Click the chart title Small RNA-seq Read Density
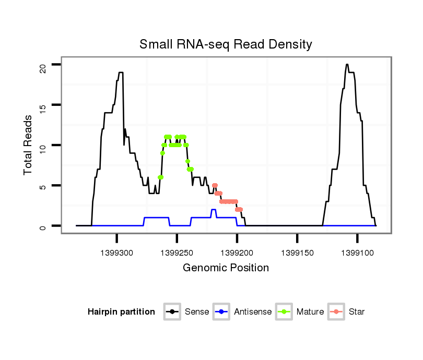226,44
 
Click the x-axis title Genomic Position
226,268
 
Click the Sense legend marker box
172,312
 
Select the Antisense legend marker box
221,312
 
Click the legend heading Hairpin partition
121,312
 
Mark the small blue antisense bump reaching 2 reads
213,210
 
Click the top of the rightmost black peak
347,65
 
